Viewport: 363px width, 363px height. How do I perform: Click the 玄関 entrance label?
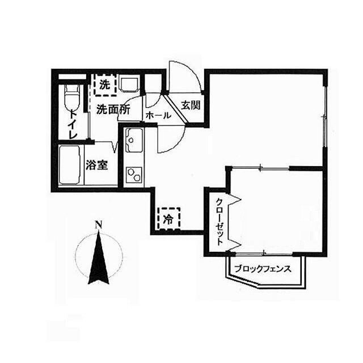(191, 105)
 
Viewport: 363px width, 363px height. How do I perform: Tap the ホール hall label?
(159, 115)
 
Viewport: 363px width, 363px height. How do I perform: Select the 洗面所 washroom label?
(113, 109)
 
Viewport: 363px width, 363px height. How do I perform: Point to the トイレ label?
(73, 125)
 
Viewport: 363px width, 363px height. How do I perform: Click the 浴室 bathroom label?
(96, 165)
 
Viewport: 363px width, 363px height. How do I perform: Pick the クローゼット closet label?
(220, 222)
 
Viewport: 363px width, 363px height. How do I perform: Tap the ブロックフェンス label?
(263, 269)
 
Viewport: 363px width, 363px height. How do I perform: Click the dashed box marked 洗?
(105, 85)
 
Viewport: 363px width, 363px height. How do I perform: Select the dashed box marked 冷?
(168, 218)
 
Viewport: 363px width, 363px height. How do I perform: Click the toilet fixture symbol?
(73, 98)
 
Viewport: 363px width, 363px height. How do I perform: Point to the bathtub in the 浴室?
(70, 165)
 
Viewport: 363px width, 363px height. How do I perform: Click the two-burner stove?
(134, 175)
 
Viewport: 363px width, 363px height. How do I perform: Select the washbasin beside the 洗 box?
(129, 85)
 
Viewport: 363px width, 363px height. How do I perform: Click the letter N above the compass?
(99, 224)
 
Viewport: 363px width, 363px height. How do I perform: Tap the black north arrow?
(99, 258)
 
